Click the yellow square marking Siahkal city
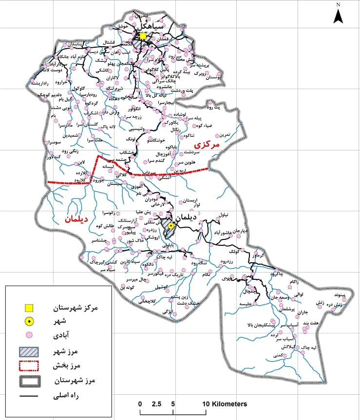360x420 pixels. [143, 36]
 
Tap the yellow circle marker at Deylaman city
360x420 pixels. [171, 226]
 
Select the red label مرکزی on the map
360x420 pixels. [207, 145]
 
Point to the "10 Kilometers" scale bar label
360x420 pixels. [225, 404]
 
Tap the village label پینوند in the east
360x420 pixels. [338, 295]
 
